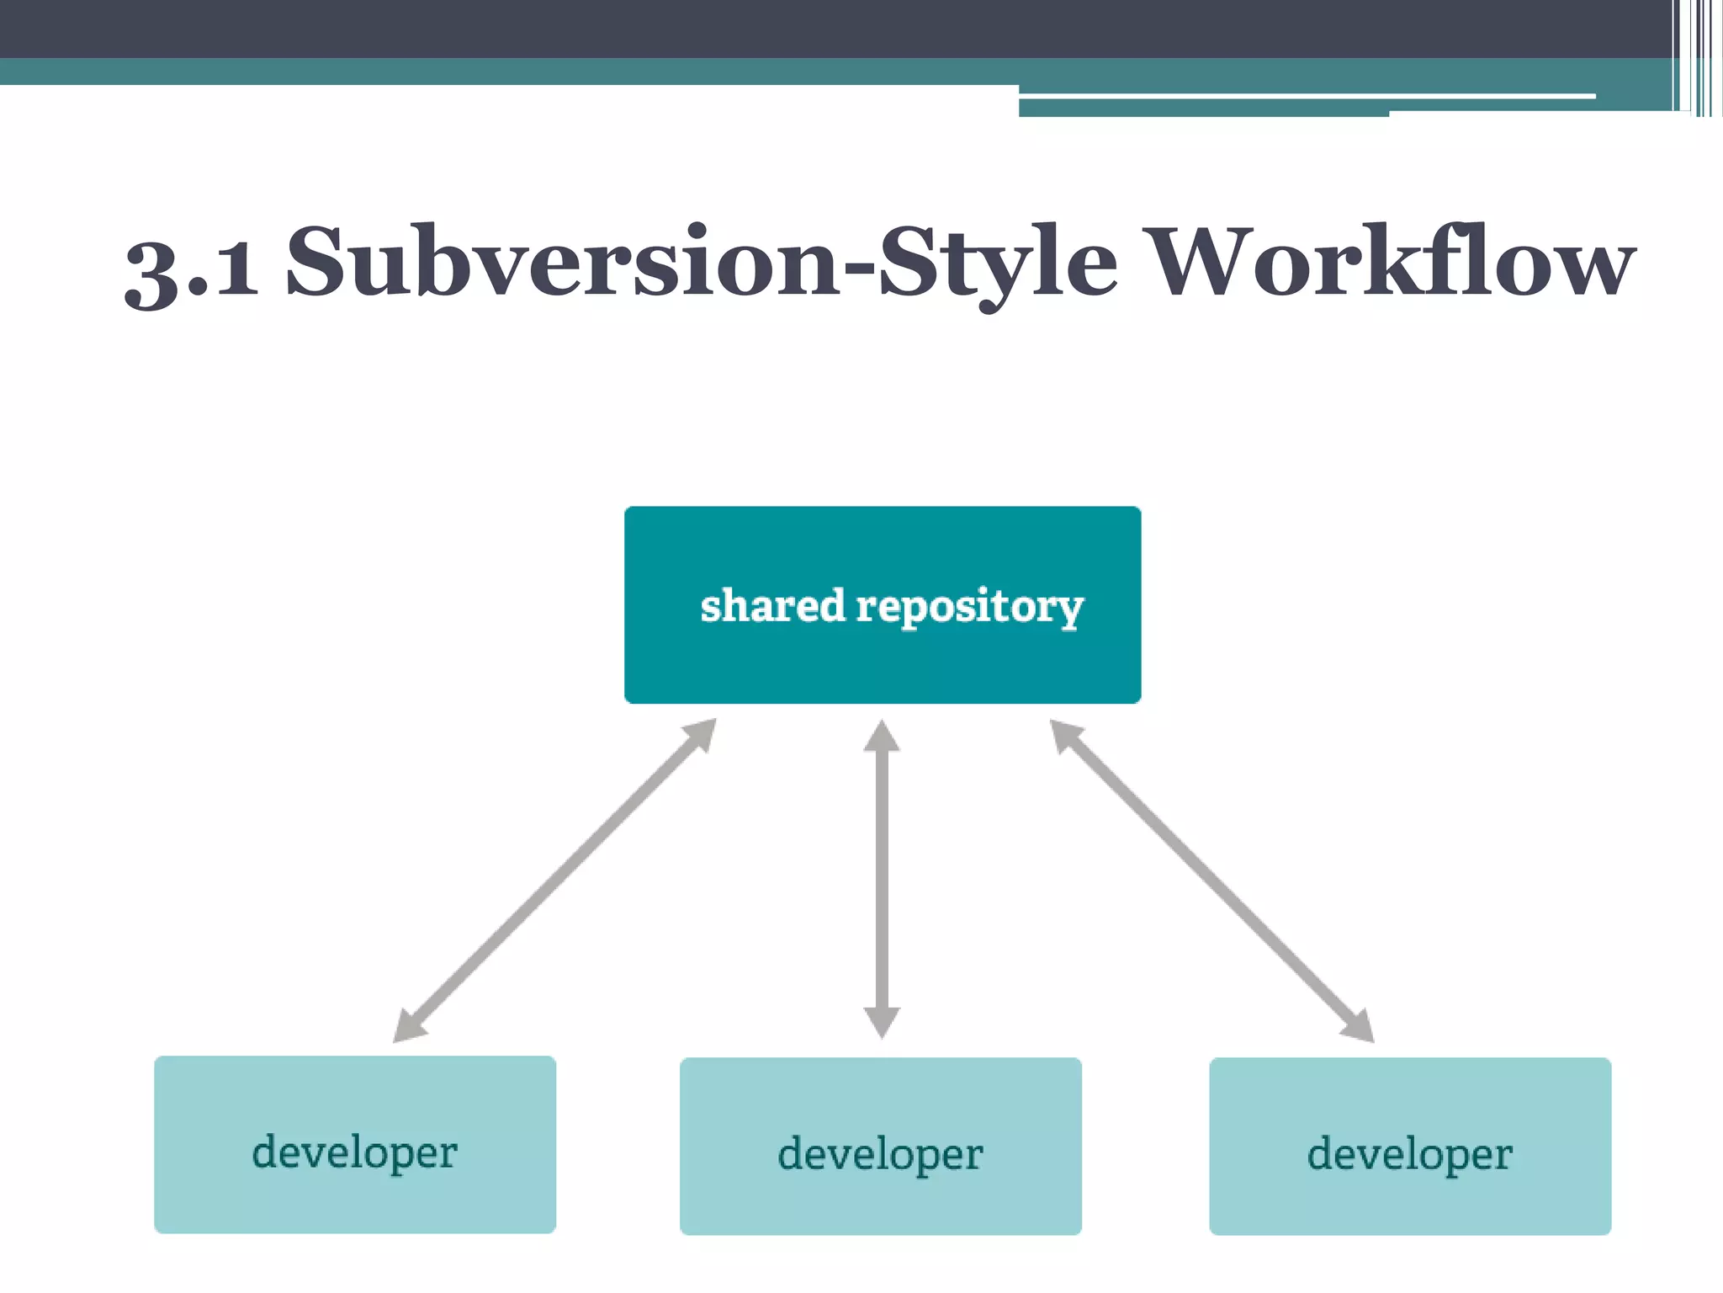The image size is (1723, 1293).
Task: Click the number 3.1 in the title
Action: click(x=192, y=268)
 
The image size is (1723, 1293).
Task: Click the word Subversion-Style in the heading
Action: click(x=702, y=263)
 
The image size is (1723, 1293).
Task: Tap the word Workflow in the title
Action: click(x=1392, y=263)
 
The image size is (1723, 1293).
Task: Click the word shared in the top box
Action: click(x=771, y=606)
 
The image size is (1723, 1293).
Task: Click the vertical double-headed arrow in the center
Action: click(x=882, y=880)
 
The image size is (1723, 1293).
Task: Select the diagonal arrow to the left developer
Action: click(x=555, y=880)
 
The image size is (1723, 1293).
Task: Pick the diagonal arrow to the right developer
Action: click(x=1211, y=880)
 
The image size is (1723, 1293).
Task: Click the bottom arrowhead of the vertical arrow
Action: click(x=882, y=1022)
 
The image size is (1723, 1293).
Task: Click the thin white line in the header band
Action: click(x=1304, y=96)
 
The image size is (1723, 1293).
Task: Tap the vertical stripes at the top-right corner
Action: click(x=1698, y=57)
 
